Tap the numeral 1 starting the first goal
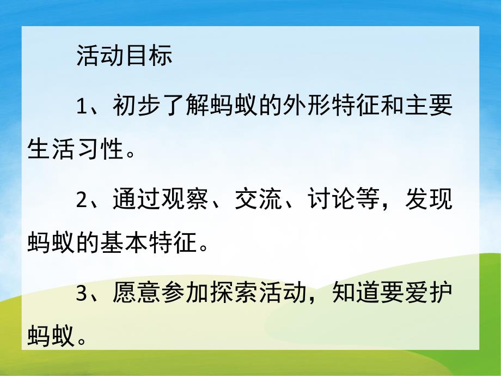click(82, 106)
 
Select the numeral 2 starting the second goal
click(82, 200)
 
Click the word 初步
click(137, 106)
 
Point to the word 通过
click(137, 200)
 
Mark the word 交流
click(257, 200)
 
